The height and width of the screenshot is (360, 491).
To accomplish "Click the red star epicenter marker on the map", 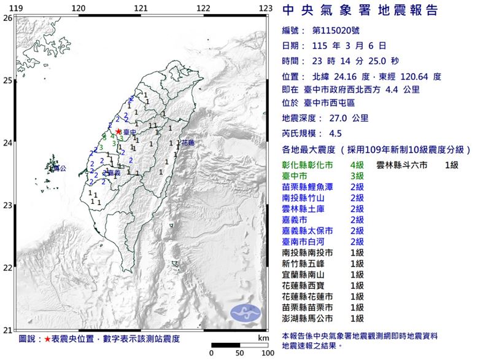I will point(118,131).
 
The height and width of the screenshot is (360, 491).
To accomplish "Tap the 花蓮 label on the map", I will point(187,143).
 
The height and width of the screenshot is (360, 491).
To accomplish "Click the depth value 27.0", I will point(338,119).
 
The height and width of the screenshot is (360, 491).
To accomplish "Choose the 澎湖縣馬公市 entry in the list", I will point(308,318).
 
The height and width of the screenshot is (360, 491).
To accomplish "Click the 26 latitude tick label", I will point(7,18).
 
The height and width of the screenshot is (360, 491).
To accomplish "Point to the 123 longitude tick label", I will point(265,7).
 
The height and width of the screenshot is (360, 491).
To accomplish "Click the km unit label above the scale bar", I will point(263,338).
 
